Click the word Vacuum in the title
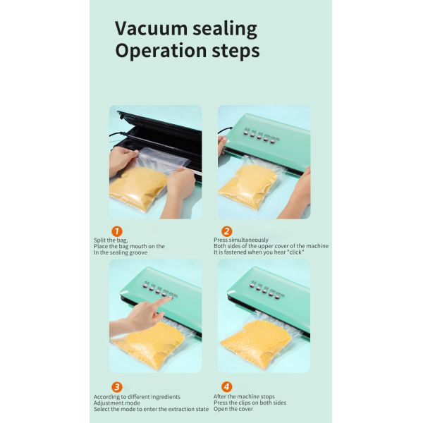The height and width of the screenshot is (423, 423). (x=151, y=28)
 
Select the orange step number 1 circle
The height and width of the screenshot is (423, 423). (x=117, y=231)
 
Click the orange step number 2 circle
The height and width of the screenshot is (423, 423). (x=226, y=231)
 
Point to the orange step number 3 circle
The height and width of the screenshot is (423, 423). (x=117, y=387)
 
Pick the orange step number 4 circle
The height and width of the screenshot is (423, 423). (x=226, y=387)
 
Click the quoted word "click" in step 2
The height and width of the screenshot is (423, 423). (x=295, y=252)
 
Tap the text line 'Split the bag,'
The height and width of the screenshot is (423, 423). (x=111, y=240)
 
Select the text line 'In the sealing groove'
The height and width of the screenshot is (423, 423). (x=121, y=252)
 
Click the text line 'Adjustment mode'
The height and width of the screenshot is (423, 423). (x=117, y=403)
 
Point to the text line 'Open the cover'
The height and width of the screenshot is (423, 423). (x=233, y=409)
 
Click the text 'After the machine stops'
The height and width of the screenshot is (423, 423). (x=244, y=396)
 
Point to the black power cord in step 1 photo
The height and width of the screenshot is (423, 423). (x=118, y=134)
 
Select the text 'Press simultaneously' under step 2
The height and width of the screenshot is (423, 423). (x=241, y=240)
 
